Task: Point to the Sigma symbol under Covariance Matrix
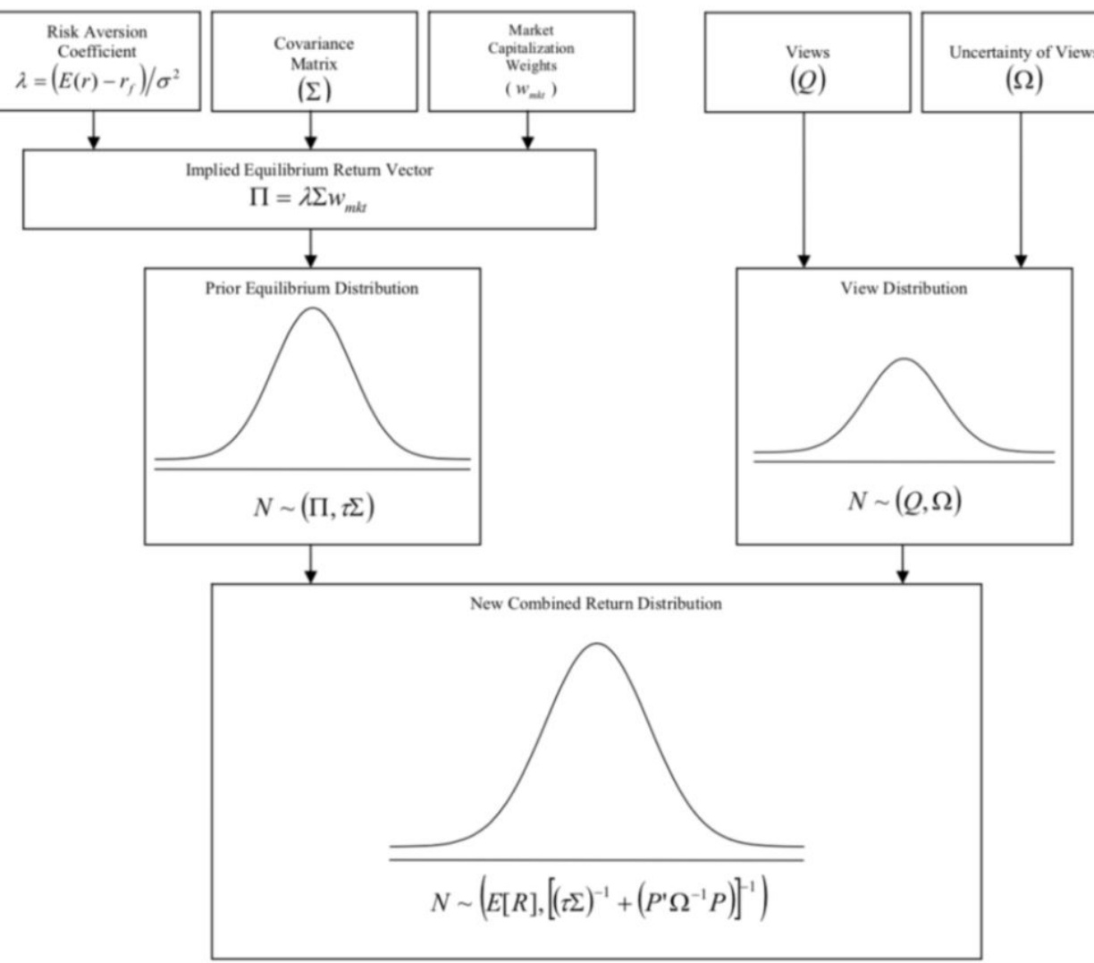314,90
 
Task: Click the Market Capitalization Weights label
531,48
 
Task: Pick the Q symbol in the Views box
807,80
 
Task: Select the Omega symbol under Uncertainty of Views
1024,80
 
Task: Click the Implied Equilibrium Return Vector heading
309,170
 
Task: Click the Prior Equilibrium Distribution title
312,289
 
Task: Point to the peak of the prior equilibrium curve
313,309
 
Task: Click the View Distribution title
904,289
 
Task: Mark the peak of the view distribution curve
905,359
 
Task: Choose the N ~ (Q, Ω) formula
905,502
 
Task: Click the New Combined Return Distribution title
596,604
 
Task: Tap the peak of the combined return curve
596,644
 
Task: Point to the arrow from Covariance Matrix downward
310,131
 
